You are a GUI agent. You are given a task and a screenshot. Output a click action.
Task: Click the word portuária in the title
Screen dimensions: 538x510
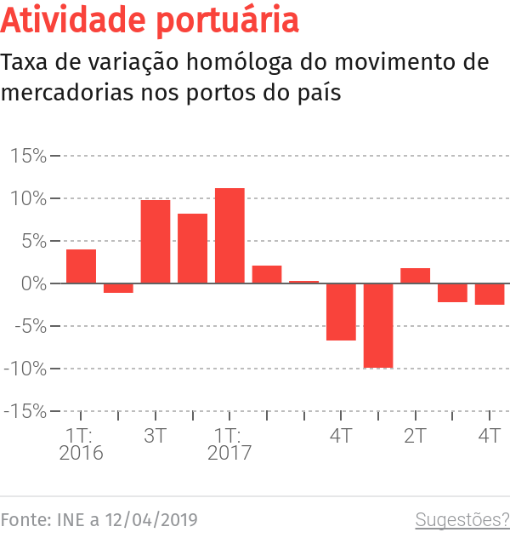tap(230, 20)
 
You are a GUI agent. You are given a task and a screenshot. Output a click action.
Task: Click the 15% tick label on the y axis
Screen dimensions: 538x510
tap(29, 156)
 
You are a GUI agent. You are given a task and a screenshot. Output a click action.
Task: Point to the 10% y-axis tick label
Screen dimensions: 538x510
tap(29, 198)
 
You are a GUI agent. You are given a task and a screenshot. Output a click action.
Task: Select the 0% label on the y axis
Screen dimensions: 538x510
tap(34, 283)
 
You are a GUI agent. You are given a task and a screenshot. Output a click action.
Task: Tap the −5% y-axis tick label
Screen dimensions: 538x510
tap(29, 326)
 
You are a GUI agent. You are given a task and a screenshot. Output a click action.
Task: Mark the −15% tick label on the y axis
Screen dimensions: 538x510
tap(25, 411)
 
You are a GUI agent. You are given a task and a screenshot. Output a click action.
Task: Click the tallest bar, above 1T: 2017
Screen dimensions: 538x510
tap(229, 236)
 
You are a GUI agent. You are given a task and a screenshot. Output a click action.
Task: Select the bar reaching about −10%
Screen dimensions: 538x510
tap(378, 325)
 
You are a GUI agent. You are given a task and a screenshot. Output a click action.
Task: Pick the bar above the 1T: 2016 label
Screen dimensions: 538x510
tap(81, 266)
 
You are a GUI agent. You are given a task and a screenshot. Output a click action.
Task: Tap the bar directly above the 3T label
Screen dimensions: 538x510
tap(156, 242)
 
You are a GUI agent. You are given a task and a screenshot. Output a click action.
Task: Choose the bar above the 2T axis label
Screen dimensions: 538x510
tap(415, 276)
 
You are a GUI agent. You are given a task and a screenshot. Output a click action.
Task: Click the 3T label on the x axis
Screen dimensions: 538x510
tap(156, 436)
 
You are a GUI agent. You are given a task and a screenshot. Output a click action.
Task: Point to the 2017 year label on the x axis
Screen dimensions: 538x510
tap(229, 454)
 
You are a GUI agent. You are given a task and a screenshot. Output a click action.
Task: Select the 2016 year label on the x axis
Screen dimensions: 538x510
tap(81, 454)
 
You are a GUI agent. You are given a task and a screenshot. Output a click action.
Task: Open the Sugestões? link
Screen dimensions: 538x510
tap(462, 519)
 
